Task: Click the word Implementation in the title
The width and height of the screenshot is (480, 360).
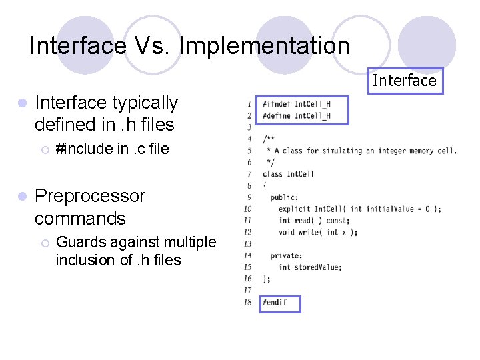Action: [x=264, y=46]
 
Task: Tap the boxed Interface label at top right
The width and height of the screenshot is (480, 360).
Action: [x=404, y=81]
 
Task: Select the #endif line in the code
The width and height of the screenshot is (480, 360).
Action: [x=275, y=302]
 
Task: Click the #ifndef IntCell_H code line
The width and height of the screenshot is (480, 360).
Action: [x=296, y=104]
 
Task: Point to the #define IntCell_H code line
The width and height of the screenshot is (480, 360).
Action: [x=296, y=115]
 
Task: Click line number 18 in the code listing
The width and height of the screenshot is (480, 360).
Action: [x=247, y=302]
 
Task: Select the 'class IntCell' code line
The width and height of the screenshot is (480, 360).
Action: [x=288, y=174]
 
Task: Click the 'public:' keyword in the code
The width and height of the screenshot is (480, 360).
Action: [x=284, y=197]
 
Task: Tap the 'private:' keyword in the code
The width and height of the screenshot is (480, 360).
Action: [x=286, y=255]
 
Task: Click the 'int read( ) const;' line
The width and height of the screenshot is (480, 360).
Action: [x=313, y=221]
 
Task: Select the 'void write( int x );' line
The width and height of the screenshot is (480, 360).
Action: [x=318, y=232]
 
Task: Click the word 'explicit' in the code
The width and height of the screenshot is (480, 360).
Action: [x=295, y=209]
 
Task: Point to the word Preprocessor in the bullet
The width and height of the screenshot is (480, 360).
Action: [x=89, y=196]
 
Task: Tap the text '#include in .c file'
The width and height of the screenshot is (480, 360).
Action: [x=112, y=149]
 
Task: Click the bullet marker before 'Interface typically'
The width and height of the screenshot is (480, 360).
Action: [x=22, y=104]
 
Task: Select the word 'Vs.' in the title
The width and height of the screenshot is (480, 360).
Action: [x=152, y=46]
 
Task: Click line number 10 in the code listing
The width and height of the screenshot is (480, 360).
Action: [x=247, y=209]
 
